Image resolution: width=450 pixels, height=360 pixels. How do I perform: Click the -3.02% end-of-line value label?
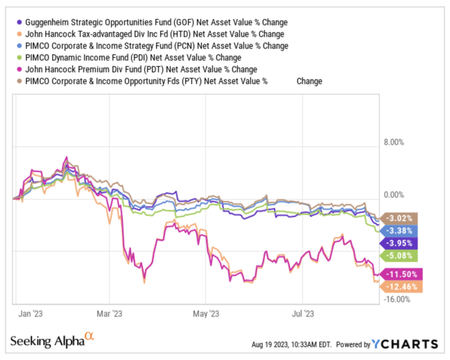pyautogui.click(x=398, y=217)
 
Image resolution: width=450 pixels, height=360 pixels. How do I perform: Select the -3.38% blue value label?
pyautogui.click(x=398, y=230)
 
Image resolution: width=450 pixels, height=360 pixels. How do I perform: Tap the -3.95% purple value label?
pyautogui.click(x=398, y=243)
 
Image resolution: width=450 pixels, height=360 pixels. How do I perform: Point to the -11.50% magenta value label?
pyautogui.click(x=399, y=274)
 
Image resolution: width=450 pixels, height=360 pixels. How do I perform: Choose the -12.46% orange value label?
pyautogui.click(x=399, y=286)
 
